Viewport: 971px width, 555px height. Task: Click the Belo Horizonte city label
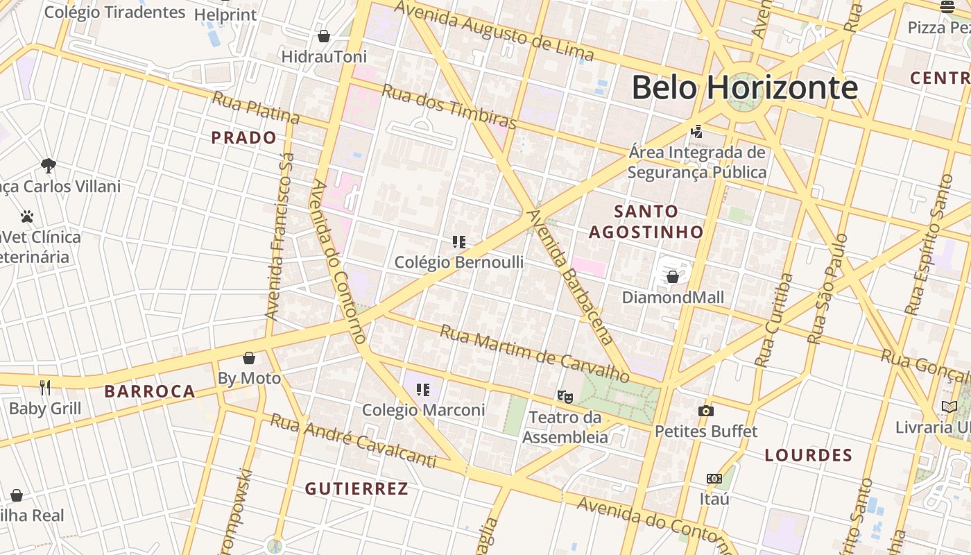(x=744, y=88)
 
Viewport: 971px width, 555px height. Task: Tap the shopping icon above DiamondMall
(x=672, y=277)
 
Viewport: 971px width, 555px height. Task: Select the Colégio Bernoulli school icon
(x=458, y=242)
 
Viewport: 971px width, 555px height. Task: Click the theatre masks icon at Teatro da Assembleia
(x=565, y=397)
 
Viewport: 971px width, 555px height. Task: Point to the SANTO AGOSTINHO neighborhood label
(x=646, y=221)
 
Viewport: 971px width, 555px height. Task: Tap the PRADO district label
(x=244, y=137)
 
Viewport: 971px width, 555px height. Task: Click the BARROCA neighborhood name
(x=150, y=391)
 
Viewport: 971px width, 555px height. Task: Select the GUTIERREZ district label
(x=356, y=488)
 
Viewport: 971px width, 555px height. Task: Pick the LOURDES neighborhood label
(x=808, y=455)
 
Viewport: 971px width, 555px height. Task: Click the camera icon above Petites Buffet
(x=706, y=411)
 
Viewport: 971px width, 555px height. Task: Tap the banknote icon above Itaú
(x=714, y=479)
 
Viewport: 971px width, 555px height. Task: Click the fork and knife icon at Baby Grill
(x=45, y=387)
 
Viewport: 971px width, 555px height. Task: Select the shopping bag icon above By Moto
(x=249, y=358)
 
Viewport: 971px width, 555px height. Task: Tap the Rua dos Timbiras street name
(x=449, y=107)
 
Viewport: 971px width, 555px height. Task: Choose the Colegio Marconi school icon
(x=423, y=390)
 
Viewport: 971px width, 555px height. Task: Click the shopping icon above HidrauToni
(x=324, y=36)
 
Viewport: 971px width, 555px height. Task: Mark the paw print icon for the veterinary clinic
(x=27, y=216)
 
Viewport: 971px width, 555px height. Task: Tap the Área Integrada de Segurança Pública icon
(x=697, y=131)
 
